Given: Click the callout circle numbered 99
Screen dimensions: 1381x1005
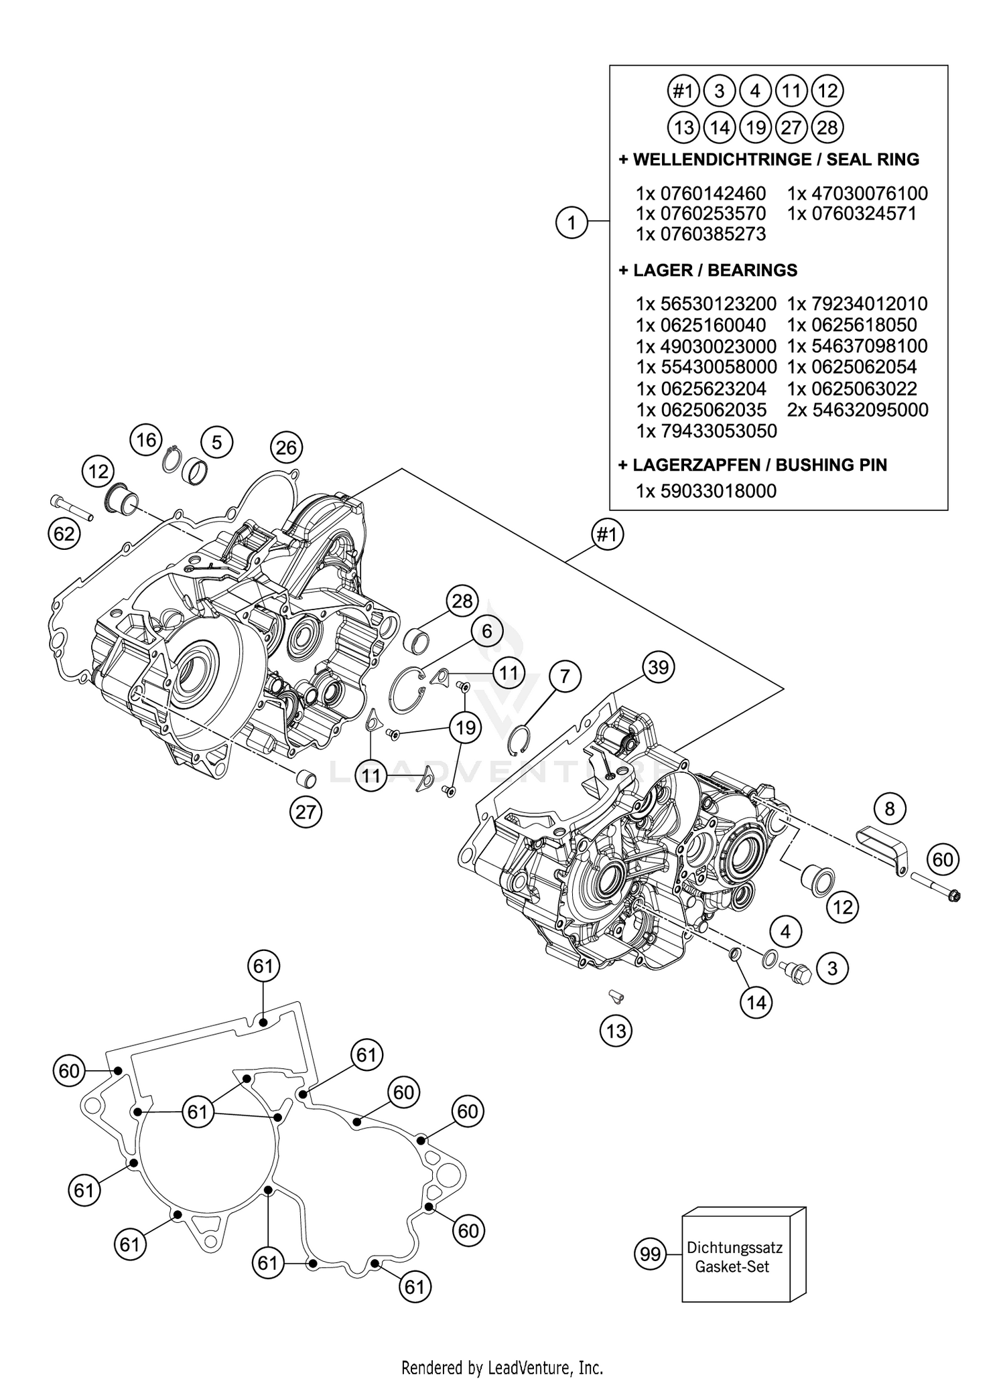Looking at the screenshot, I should click(651, 1254).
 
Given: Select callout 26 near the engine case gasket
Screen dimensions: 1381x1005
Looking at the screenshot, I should click(286, 447).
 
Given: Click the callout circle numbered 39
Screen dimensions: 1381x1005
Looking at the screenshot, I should click(658, 668).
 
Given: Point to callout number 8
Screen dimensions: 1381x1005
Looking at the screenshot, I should click(889, 809).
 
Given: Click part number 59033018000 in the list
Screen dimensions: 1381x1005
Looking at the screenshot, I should click(718, 491).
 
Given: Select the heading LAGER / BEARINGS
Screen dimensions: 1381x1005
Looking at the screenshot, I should click(714, 270).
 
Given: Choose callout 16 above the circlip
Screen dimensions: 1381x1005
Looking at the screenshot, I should click(146, 440).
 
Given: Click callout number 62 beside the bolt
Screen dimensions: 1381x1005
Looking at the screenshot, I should click(64, 534).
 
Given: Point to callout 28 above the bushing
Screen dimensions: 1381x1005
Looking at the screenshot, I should click(462, 601).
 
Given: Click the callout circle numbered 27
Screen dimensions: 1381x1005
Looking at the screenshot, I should click(306, 812).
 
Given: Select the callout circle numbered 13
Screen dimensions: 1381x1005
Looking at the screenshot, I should click(616, 1031).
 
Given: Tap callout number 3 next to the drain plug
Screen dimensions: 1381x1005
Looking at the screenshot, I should click(832, 968).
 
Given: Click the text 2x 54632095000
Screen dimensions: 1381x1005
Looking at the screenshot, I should click(858, 410).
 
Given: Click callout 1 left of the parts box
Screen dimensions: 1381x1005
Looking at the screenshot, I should click(572, 222).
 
